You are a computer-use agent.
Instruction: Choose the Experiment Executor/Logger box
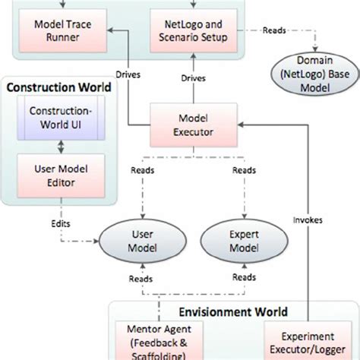pos(308,342)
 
